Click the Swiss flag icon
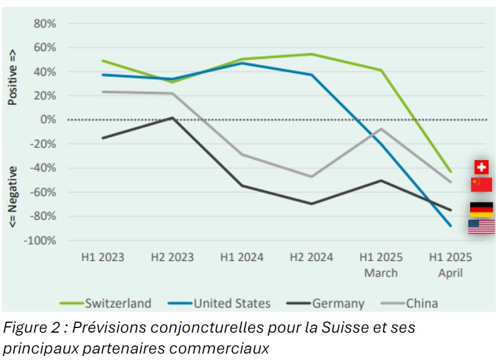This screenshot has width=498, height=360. click(481, 167)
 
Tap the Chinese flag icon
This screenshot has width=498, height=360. click(481, 185)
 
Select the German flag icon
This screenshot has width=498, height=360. click(481, 209)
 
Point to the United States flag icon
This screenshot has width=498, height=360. click(481, 227)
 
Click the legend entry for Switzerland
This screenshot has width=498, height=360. click(118, 303)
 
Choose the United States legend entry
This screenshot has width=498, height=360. click(232, 303)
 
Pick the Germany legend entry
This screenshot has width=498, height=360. click(338, 303)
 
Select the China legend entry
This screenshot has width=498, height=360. click(422, 303)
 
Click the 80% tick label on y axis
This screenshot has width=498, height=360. click(45, 24)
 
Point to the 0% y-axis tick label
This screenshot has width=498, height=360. click(48, 120)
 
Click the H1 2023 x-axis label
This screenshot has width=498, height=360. click(102, 257)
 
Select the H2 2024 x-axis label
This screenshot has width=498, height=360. click(311, 257)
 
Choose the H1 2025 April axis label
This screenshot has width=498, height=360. click(450, 265)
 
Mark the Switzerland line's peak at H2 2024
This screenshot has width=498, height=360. click(311, 54)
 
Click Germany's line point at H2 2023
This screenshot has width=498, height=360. click(172, 117)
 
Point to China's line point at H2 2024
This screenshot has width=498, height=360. click(311, 176)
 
